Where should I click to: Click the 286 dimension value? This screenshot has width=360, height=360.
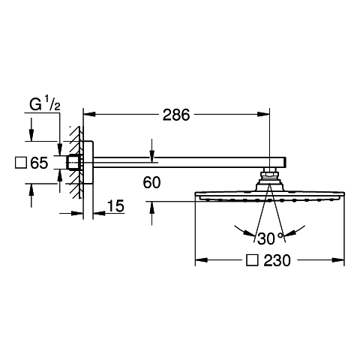(x=176, y=115)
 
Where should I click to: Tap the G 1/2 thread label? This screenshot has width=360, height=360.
(x=45, y=104)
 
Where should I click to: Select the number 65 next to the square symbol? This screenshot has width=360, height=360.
(x=39, y=163)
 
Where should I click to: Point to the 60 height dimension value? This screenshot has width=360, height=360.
(x=151, y=182)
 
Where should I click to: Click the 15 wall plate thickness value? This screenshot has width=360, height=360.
(x=115, y=206)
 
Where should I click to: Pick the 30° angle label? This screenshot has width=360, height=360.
(x=271, y=238)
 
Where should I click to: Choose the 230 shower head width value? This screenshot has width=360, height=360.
(x=277, y=260)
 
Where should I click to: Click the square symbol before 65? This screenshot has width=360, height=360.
(x=21, y=163)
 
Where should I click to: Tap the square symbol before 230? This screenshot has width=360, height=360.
(x=252, y=260)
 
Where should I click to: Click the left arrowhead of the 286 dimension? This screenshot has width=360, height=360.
(x=89, y=114)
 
